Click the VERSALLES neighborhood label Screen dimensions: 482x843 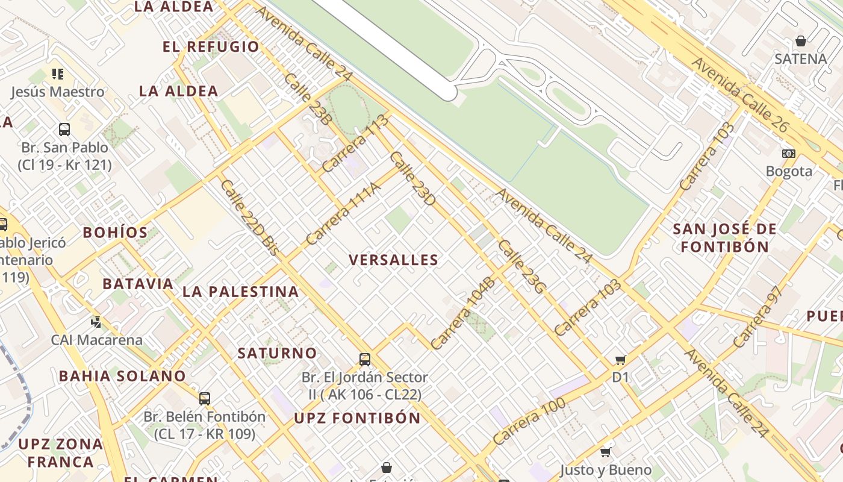[x=394, y=260]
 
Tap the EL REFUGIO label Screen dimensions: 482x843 [x=211, y=47]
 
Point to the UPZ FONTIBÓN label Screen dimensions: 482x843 [x=357, y=418]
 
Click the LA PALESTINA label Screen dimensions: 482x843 [x=240, y=292]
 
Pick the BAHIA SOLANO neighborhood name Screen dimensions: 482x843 [x=122, y=376]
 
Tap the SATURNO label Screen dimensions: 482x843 [x=277, y=353]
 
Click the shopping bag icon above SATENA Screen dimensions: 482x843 [x=801, y=41]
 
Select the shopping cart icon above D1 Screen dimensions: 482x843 [x=620, y=360]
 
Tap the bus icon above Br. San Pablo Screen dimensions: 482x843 [x=64, y=129]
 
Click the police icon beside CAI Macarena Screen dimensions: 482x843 [x=96, y=322]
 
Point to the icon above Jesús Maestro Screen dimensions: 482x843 [x=57, y=74]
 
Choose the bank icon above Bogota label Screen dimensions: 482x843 [x=788, y=153]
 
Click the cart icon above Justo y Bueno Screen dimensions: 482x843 [x=606, y=452]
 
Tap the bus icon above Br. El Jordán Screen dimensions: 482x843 [x=364, y=360]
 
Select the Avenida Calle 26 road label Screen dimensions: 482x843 [x=739, y=95]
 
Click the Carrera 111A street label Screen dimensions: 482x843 [x=343, y=214]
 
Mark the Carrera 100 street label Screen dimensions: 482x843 [x=529, y=421]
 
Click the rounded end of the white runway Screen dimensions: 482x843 [x=449, y=93]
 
